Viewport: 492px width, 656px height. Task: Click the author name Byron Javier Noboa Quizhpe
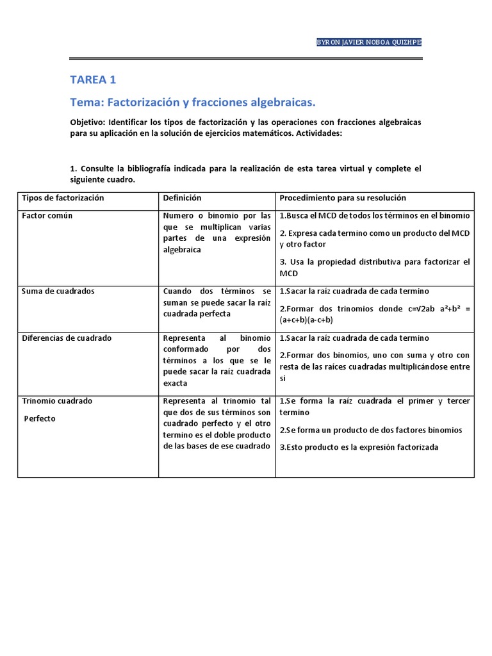click(370, 42)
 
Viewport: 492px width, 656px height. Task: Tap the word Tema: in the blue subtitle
click(86, 102)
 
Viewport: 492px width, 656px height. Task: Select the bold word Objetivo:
click(88, 122)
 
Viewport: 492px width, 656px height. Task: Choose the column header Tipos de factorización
click(63, 199)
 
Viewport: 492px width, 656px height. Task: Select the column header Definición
click(183, 199)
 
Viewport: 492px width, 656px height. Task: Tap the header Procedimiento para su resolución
click(343, 199)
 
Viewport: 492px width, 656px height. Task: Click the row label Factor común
click(47, 216)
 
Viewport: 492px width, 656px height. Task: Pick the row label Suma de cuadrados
click(58, 291)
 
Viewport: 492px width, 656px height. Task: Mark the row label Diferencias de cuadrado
click(67, 338)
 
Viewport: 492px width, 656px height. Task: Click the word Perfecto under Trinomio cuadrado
click(40, 418)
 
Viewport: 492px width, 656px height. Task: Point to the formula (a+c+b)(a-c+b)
click(306, 320)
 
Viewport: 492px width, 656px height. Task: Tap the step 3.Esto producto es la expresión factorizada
click(359, 447)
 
